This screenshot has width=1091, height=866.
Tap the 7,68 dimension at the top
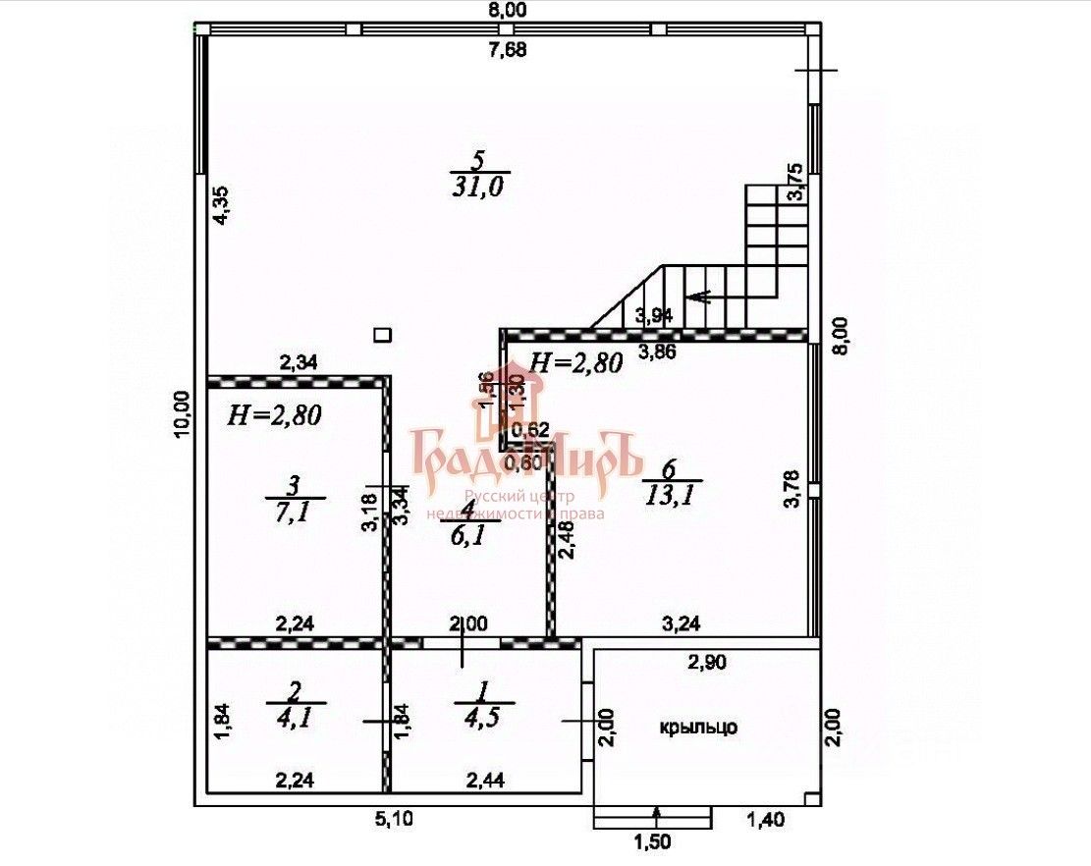508,51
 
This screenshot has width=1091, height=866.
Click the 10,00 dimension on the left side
181,417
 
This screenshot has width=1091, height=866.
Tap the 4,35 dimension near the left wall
222,206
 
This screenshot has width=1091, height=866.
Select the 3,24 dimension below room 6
682,622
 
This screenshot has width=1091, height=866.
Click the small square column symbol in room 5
383,335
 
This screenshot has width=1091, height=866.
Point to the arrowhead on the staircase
698,296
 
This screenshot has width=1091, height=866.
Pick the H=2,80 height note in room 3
276,415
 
